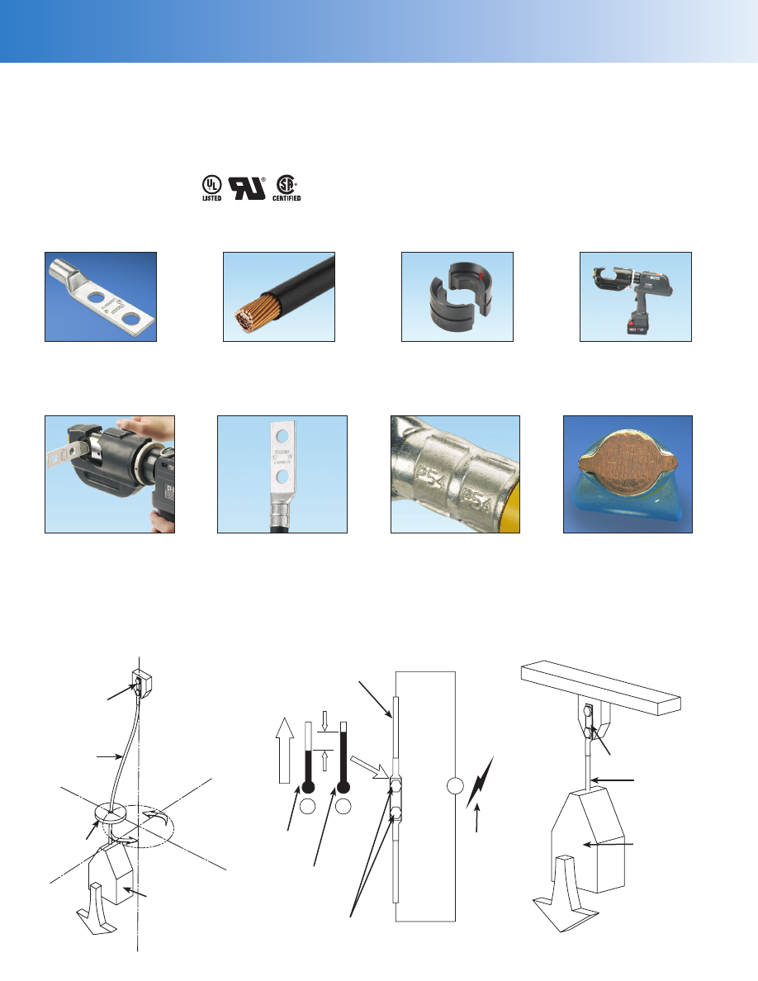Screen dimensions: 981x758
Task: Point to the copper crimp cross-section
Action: pyautogui.click(x=628, y=473)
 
